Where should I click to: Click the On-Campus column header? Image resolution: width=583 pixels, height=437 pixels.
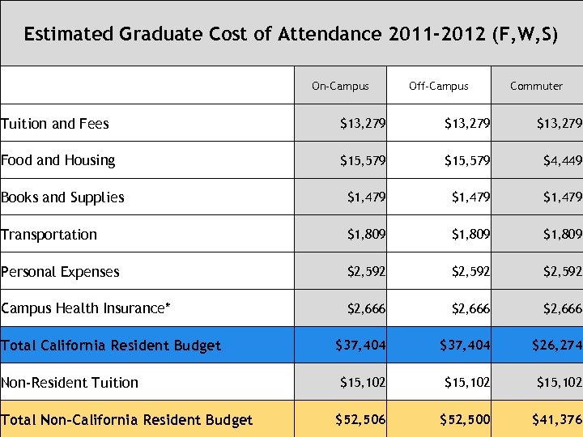(340, 86)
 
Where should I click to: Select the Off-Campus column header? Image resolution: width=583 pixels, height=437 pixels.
(438, 86)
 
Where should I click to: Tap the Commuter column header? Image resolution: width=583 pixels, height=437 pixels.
(536, 86)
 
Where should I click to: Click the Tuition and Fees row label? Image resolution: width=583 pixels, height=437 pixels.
(55, 124)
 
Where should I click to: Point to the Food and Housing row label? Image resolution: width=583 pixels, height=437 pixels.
(58, 160)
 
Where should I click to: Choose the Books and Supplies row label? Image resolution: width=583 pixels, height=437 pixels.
(62, 197)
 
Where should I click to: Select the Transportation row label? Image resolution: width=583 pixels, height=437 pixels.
(49, 235)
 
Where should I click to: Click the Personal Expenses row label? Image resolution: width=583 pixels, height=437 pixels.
(60, 272)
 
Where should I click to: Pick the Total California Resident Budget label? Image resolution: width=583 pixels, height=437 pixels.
(111, 346)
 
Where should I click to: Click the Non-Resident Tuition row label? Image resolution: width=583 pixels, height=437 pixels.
(70, 383)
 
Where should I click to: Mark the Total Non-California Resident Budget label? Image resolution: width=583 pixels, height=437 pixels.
(126, 420)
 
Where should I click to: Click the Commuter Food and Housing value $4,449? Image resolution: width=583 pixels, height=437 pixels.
(562, 160)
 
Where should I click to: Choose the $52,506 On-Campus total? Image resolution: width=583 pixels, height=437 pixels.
(360, 419)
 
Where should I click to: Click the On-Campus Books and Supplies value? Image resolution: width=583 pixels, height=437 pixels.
(366, 197)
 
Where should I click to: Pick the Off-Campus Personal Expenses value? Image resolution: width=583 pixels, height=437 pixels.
(470, 272)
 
